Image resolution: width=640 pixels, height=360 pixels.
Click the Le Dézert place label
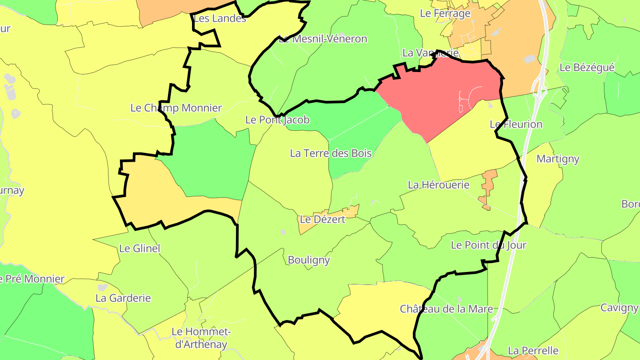pyautogui.click(x=323, y=219)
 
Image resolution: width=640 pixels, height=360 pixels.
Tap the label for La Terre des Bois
pyautogui.click(x=331, y=153)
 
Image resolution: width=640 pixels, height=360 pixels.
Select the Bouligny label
pyautogui.click(x=309, y=260)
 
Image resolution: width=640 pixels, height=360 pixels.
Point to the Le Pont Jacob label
pyautogui.click(x=277, y=120)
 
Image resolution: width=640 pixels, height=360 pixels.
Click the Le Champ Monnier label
pyautogui.click(x=176, y=108)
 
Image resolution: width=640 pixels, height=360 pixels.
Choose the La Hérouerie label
pyautogui.click(x=439, y=184)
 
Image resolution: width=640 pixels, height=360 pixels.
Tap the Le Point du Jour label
pyautogui.click(x=488, y=245)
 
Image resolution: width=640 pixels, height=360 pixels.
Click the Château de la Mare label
pyautogui.click(x=447, y=308)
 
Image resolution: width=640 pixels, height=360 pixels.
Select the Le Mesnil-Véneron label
pyautogui.click(x=323, y=39)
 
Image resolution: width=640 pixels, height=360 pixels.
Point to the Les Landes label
pyautogui.click(x=220, y=18)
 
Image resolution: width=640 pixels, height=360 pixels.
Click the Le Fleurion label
pyautogui.click(x=516, y=124)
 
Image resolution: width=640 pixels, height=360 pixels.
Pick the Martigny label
pyautogui.click(x=558, y=159)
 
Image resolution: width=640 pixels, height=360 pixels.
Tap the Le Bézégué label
pyautogui.click(x=587, y=67)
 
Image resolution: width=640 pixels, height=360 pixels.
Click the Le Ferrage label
pyautogui.click(x=445, y=13)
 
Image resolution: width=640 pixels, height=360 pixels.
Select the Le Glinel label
pyautogui.click(x=140, y=248)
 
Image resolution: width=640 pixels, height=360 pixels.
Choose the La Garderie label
pyautogui.click(x=123, y=298)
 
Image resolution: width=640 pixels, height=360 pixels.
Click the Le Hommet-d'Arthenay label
pyautogui.click(x=201, y=338)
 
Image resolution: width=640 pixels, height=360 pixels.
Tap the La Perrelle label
pyautogui.click(x=533, y=350)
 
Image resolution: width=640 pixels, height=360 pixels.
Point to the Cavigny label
pyautogui.click(x=619, y=308)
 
